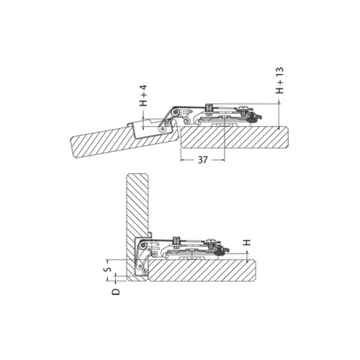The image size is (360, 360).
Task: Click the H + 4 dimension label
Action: point(143,97)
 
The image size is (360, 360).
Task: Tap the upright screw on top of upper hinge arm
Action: point(207,108)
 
